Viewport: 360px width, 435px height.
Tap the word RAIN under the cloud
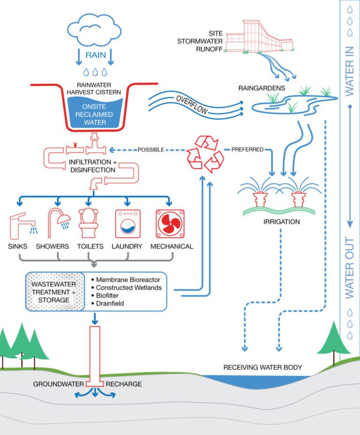point(96,55)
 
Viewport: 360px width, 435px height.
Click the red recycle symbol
point(205,153)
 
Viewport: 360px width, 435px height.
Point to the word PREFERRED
point(247,150)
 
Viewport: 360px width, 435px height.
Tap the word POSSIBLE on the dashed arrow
point(151,150)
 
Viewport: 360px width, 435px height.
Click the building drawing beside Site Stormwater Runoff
point(260,36)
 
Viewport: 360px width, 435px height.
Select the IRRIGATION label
point(281,222)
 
